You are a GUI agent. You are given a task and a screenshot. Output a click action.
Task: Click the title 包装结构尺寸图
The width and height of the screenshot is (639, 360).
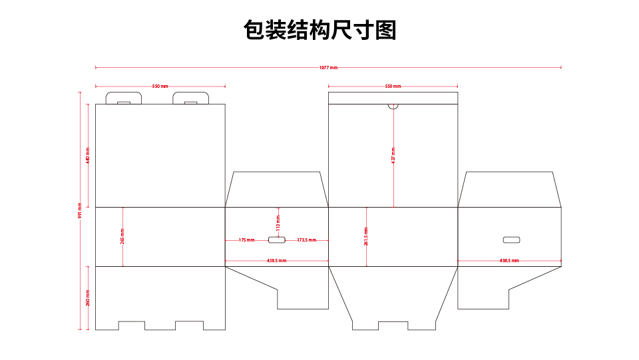tap(319, 31)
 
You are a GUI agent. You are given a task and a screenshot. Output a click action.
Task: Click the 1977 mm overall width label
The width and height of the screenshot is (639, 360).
tap(328, 68)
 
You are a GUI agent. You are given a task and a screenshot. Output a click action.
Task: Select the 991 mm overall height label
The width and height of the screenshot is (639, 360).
tap(80, 211)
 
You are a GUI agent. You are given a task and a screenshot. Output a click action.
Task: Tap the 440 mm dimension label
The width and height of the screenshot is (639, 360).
tap(88, 156)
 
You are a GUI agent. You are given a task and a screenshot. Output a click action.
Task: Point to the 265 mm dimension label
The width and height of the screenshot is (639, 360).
tap(122, 236)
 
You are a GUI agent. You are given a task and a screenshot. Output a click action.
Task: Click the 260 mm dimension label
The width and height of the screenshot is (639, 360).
tap(88, 298)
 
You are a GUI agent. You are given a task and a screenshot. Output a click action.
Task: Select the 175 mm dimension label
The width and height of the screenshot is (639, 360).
tap(246, 240)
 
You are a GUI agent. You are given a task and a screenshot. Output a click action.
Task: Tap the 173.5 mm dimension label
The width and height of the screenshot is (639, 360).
tap(307, 240)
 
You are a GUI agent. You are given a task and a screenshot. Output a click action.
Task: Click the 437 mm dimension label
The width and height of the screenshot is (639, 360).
tap(393, 156)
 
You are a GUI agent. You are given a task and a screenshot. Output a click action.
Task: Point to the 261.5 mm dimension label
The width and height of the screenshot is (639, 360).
tap(366, 236)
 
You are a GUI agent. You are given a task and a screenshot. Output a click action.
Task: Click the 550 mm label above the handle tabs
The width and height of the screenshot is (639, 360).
tap(160, 87)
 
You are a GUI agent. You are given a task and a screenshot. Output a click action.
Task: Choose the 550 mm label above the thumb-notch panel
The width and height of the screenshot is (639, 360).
tap(393, 87)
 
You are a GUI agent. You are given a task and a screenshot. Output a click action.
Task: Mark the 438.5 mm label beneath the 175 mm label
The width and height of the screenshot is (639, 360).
tap(276, 261)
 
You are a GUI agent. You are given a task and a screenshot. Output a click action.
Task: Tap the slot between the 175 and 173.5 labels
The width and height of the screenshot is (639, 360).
tap(277, 240)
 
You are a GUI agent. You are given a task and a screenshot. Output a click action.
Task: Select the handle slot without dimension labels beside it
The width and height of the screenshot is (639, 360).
tap(511, 240)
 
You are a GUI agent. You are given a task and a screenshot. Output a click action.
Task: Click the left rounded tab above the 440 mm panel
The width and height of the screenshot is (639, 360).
tap(123, 98)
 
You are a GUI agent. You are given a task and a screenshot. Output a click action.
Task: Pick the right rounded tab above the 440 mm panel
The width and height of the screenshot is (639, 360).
tap(191, 98)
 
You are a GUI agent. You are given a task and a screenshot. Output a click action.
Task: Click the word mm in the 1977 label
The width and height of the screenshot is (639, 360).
tap(333, 68)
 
